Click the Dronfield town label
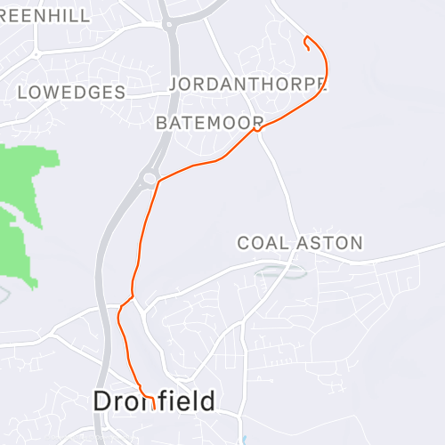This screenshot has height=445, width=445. [154, 401]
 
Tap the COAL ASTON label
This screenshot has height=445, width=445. [300, 243]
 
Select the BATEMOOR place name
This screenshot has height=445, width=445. [209, 123]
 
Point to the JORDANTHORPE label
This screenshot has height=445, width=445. [247, 85]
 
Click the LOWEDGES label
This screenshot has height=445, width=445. [71, 93]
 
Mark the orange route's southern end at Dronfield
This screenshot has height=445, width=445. [154, 409]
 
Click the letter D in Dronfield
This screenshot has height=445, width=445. [102, 401]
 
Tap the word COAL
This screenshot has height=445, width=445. [261, 243]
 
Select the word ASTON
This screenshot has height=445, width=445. [332, 243]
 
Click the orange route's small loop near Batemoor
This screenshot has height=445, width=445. [256, 130]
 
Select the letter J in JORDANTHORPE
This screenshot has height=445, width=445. [174, 85]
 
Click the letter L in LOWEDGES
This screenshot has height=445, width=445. [22, 93]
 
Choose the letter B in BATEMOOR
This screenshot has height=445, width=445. [161, 123]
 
